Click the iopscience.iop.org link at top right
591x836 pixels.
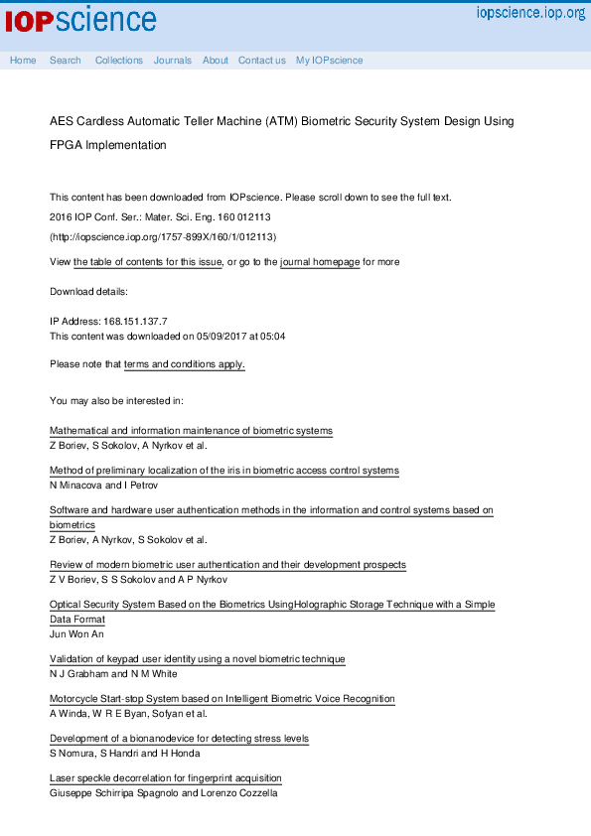(530, 13)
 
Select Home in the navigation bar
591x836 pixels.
(23, 61)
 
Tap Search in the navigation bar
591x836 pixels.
(66, 61)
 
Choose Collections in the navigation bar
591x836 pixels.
(119, 61)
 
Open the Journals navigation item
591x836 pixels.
(173, 61)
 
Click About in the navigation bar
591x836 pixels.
(216, 61)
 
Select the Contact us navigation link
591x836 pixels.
(262, 61)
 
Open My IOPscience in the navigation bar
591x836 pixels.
(330, 61)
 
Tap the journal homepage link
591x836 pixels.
(320, 262)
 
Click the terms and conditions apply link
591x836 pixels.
(185, 364)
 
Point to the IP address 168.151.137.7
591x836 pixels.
(135, 322)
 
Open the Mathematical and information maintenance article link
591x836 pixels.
(191, 431)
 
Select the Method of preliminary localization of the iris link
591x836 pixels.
(223, 471)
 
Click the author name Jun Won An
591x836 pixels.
(76, 634)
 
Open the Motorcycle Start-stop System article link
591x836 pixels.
(222, 699)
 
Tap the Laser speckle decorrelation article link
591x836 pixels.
(166, 778)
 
